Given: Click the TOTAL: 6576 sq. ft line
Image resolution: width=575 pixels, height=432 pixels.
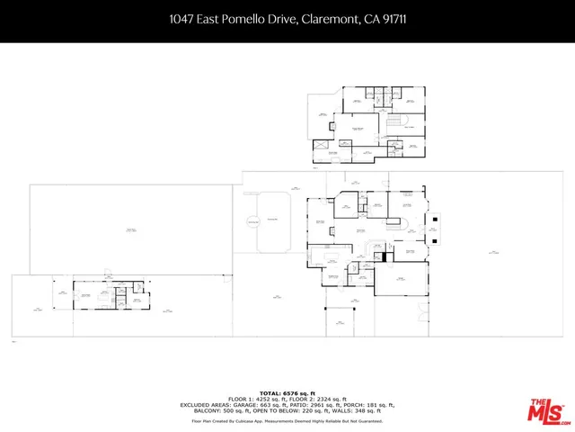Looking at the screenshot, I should tap(287, 393).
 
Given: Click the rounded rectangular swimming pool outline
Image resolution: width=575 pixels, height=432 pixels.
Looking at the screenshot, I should tap(271, 220).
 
